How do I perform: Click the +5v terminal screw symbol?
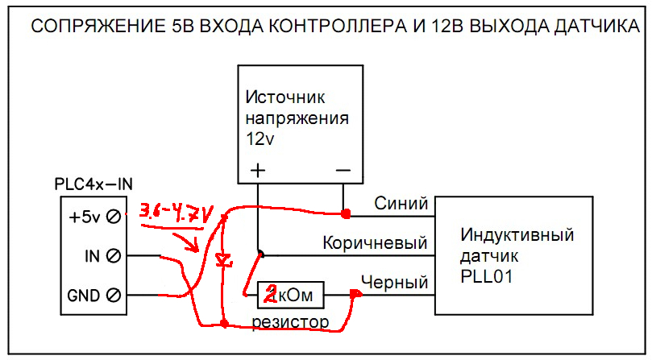[114, 217]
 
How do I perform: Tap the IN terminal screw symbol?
[114, 255]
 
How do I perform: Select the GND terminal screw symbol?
[114, 295]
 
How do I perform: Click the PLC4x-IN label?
[93, 184]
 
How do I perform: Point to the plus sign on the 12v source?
[258, 170]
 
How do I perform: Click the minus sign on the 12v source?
[343, 170]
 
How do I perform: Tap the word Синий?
[401, 203]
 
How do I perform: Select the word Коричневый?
[375, 242]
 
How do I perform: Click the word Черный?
[394, 282]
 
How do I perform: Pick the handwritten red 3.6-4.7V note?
[175, 213]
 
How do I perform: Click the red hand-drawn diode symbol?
[224, 260]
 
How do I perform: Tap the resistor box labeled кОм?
[291, 295]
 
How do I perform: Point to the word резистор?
[290, 322]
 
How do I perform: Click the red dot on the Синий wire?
[346, 214]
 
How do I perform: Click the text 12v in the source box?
[260, 139]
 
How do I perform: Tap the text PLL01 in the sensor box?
[486, 276]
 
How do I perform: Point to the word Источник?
[284, 97]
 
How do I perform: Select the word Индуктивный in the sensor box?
[517, 235]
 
